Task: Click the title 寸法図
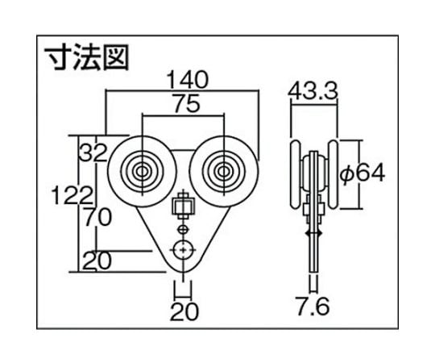click(87, 57)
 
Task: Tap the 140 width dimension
click(188, 81)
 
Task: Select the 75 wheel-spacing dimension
click(187, 103)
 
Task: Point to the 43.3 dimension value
click(313, 90)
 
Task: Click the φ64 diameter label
click(362, 174)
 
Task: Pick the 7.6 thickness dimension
click(313, 306)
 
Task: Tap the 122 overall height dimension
click(72, 195)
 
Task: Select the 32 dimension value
click(93, 152)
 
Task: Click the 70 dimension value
click(97, 217)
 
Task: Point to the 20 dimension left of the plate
click(97, 261)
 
